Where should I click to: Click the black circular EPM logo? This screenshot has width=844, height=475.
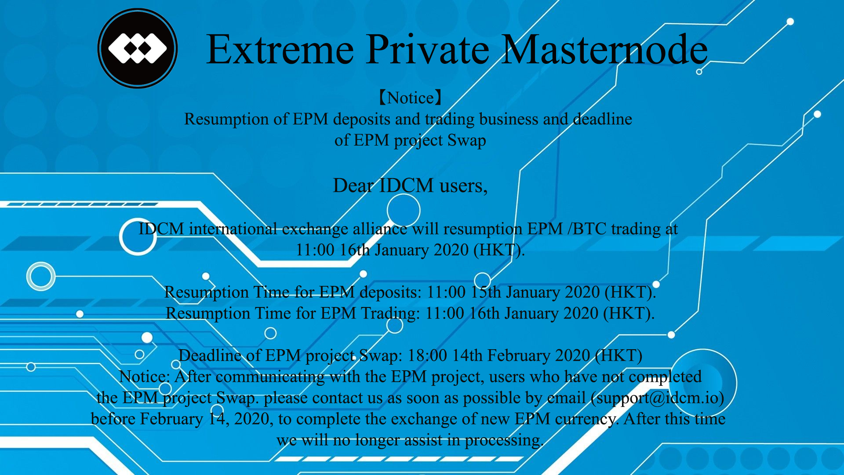(x=138, y=48)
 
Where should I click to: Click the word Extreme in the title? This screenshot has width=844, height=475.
(x=280, y=49)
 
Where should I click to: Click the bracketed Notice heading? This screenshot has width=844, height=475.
(x=410, y=98)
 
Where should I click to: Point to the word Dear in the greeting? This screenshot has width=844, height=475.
(x=353, y=186)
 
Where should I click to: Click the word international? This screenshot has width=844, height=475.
(x=233, y=229)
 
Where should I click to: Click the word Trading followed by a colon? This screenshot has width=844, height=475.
(x=390, y=314)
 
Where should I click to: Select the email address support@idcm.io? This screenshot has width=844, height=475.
(x=658, y=398)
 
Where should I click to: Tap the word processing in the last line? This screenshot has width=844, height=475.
(x=504, y=440)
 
